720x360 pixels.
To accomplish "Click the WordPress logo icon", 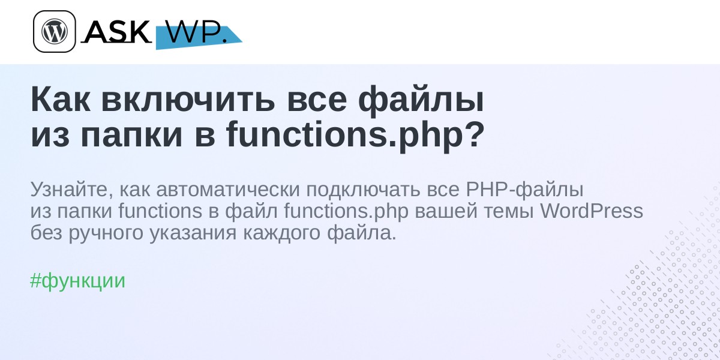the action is point(55,31).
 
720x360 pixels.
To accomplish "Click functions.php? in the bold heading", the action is point(355,134).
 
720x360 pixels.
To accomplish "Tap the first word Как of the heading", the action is point(61,100).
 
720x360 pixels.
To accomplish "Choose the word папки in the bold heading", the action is point(131,137).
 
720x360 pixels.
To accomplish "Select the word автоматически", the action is point(228,190).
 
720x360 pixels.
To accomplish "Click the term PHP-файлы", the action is point(524,190).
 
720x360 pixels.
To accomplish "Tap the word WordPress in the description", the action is point(592,211).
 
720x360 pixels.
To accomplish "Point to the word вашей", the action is point(446,211).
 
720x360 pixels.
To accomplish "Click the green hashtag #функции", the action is point(77,281).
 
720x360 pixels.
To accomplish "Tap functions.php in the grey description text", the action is point(346,211).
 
